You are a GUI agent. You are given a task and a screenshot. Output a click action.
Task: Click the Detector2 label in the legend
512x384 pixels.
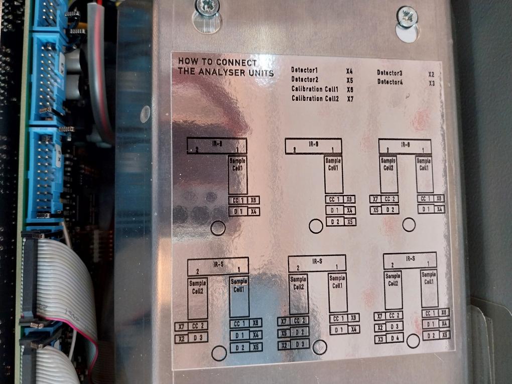point(305,80)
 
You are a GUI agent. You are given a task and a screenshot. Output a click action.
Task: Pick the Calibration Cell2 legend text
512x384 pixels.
point(315,98)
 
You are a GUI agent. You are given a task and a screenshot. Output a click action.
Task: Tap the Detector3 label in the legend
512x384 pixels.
point(390,73)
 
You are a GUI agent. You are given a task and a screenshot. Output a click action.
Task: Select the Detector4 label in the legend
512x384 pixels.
point(390,81)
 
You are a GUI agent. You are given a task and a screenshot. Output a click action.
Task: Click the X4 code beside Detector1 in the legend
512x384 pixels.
point(349,71)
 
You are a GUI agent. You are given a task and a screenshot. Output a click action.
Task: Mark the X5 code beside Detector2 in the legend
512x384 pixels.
point(349,80)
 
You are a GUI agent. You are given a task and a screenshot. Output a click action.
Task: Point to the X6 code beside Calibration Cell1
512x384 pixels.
point(350,89)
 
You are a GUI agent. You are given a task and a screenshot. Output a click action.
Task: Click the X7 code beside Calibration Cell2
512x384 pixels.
point(350,99)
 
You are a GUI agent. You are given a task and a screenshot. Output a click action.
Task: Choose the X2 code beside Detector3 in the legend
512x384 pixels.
point(431,74)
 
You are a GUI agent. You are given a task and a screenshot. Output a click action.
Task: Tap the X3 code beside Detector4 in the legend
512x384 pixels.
point(431,83)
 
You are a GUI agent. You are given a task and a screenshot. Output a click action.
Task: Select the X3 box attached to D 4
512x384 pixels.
point(380,339)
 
